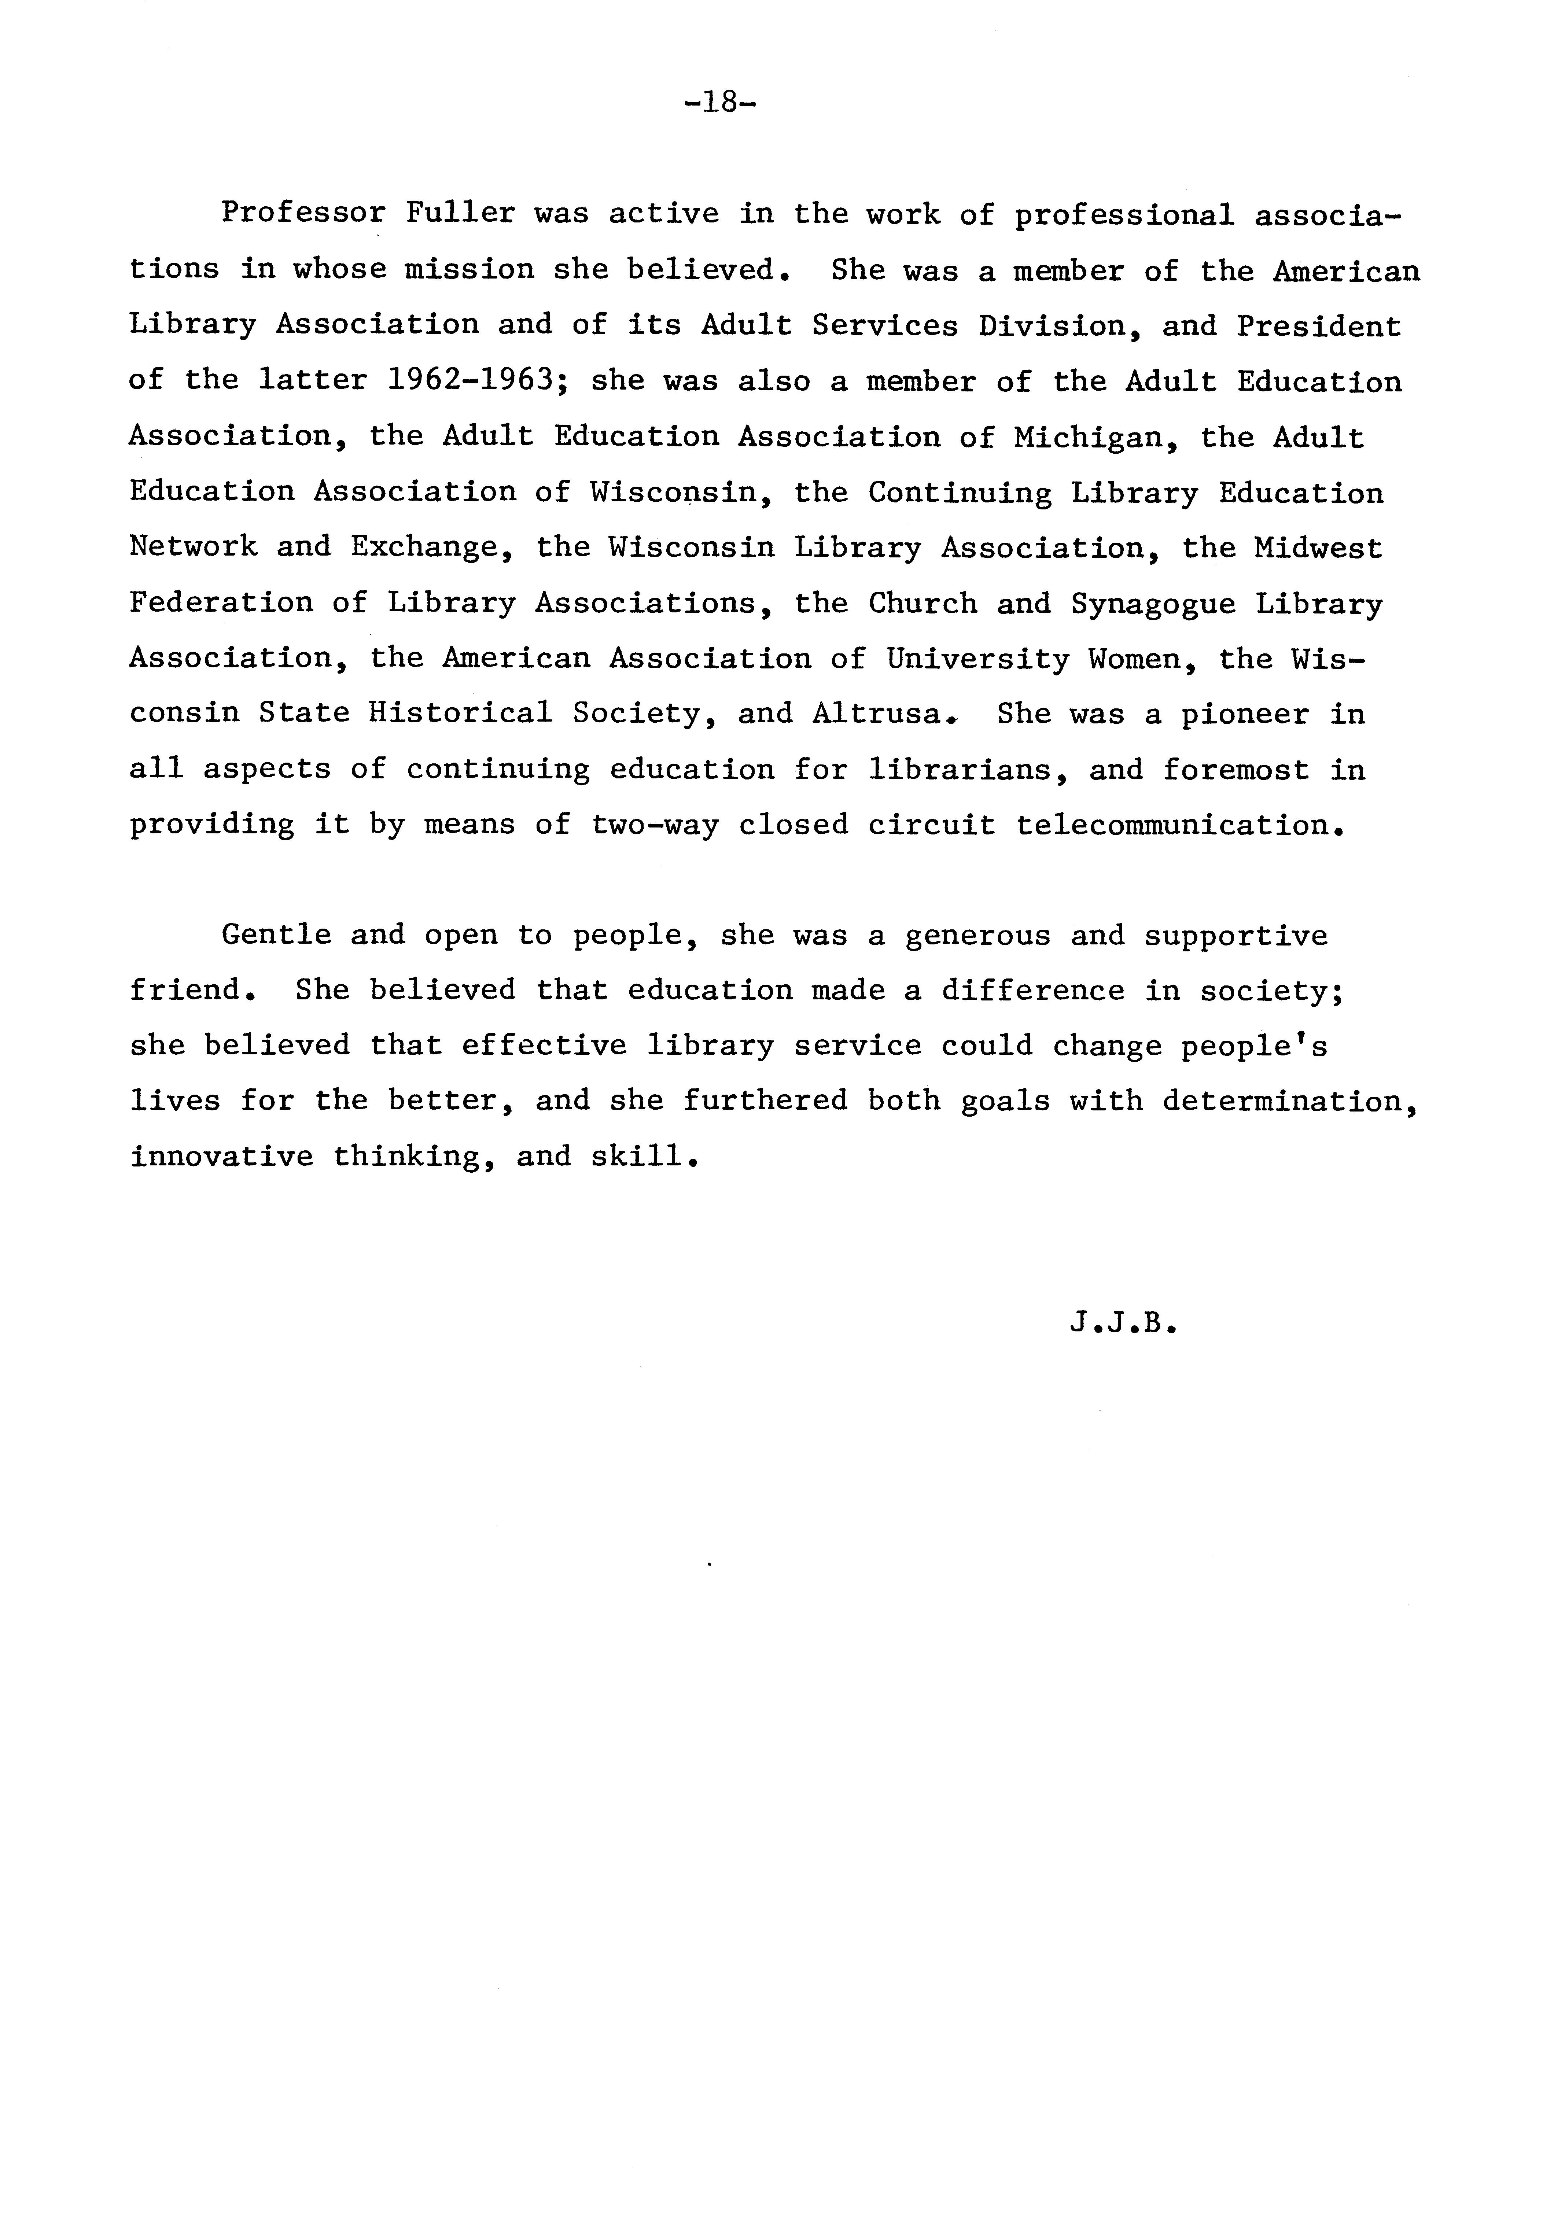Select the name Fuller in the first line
460,213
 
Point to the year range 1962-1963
463,379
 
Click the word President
1318,326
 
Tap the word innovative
221,1156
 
